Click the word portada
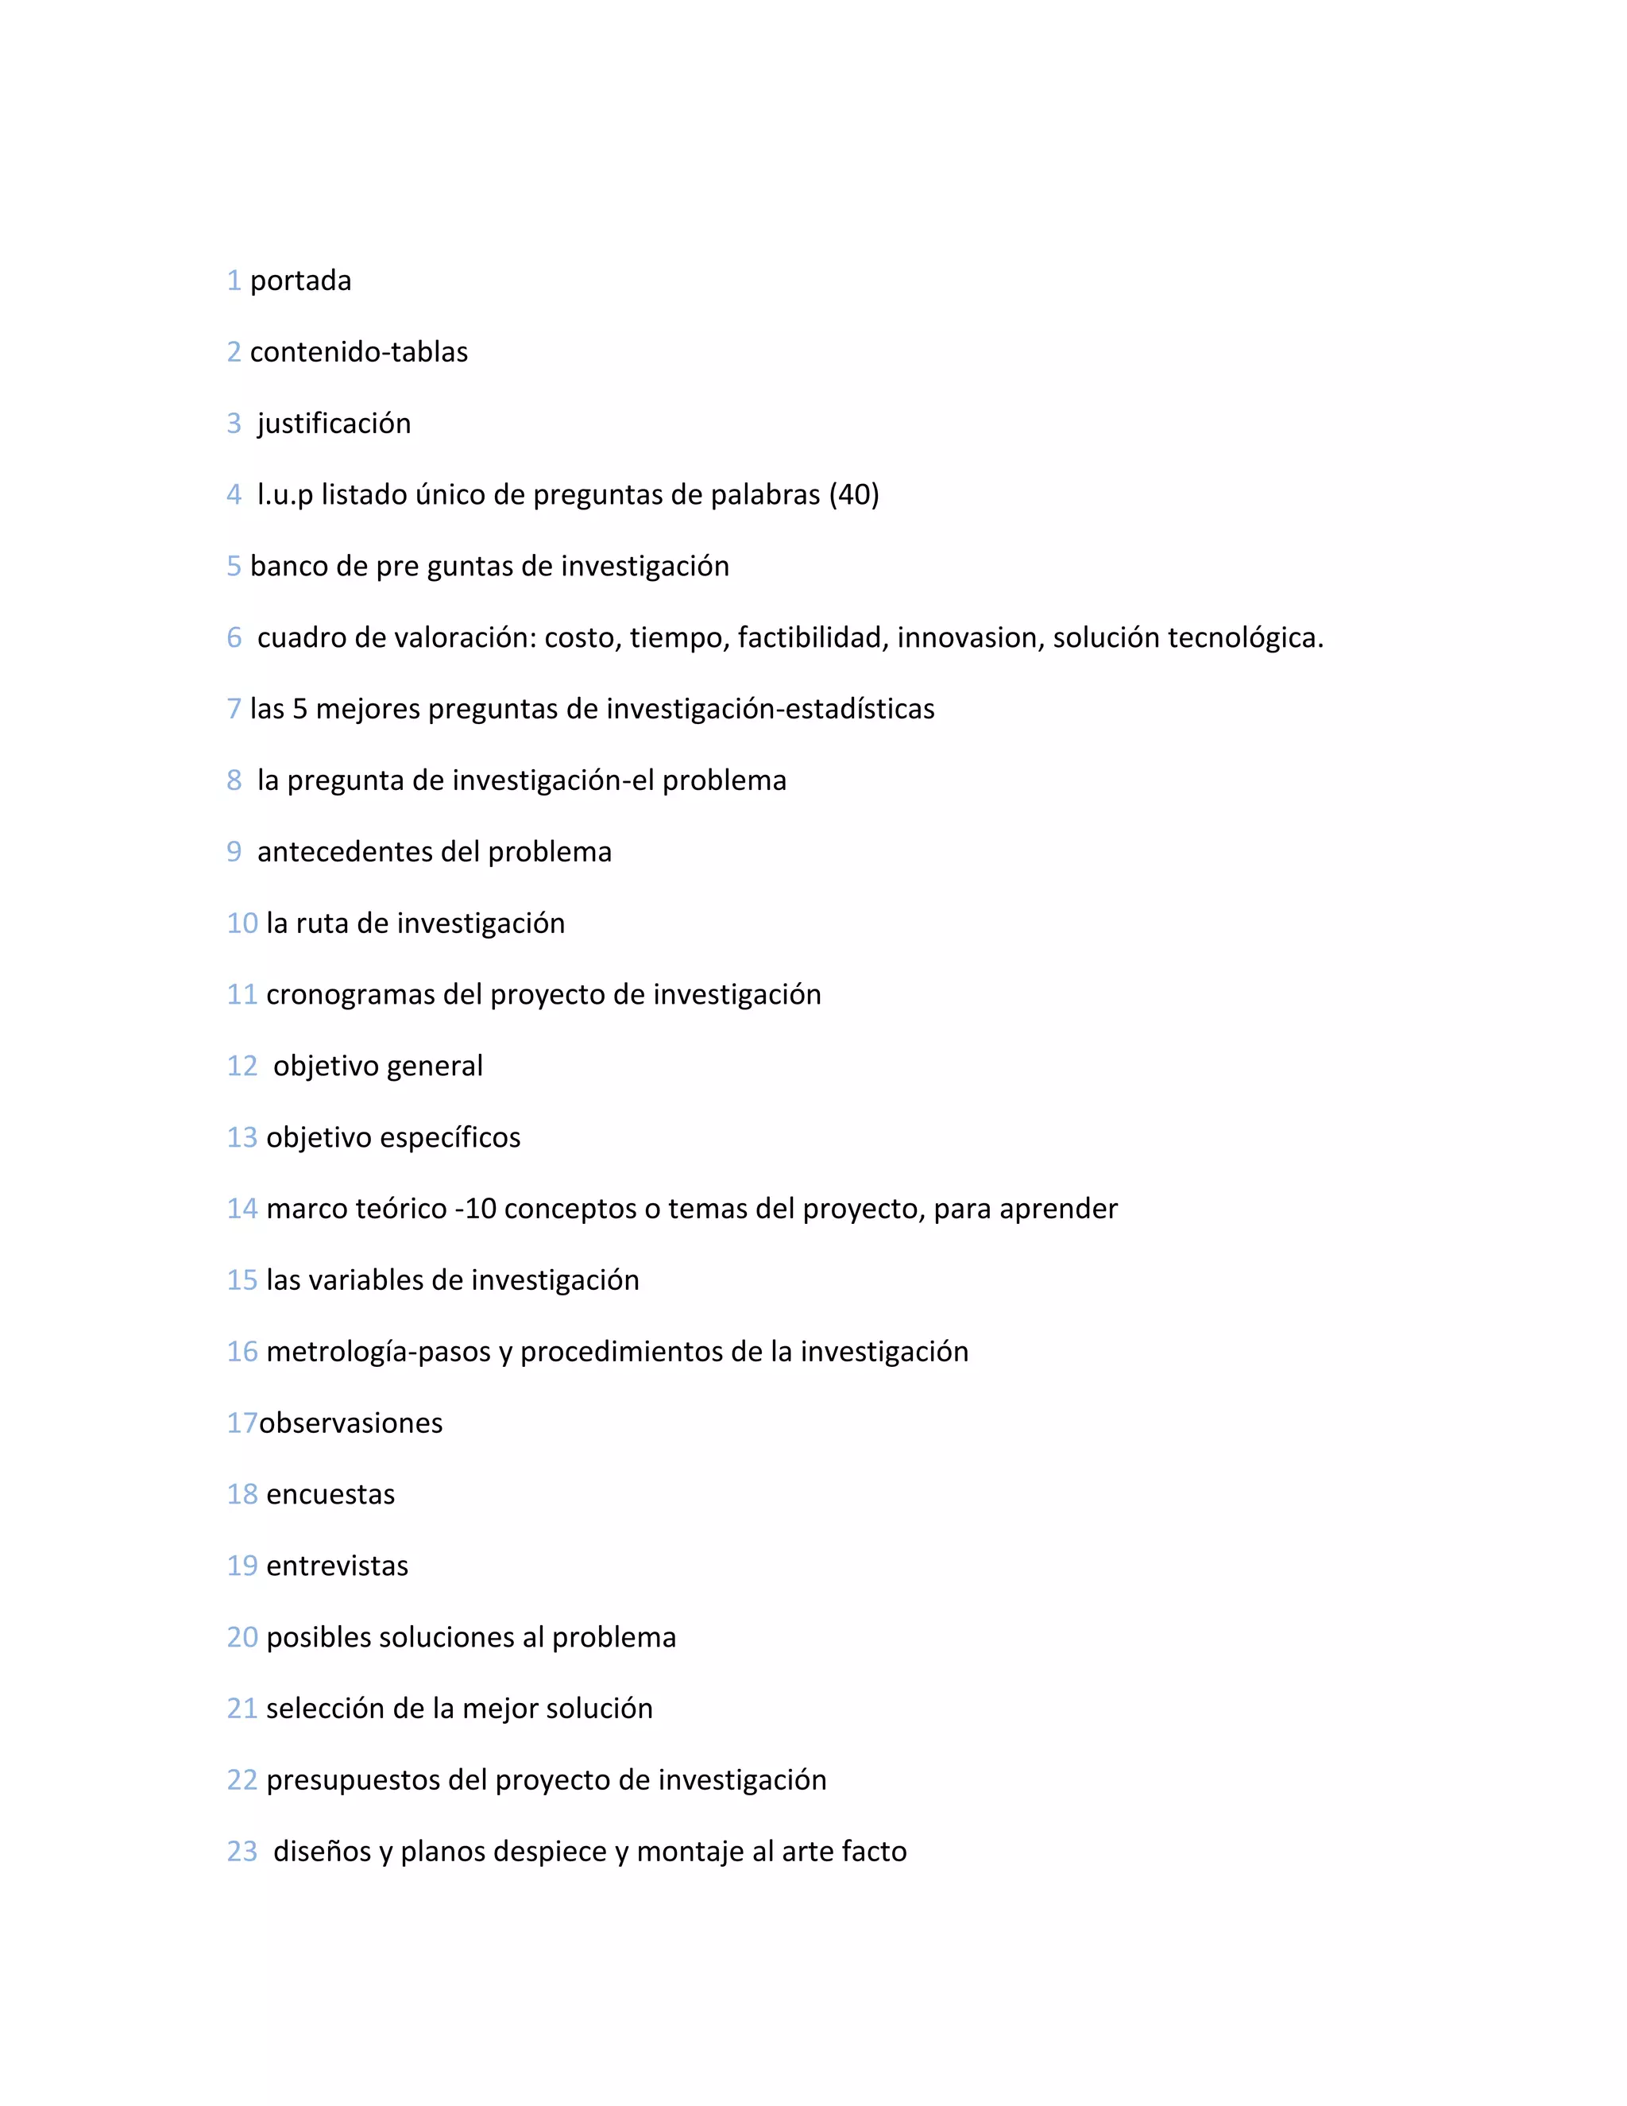pyautogui.click(x=301, y=281)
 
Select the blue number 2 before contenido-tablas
pyautogui.click(x=234, y=352)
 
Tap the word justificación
pyautogui.click(x=334, y=424)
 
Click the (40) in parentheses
pyautogui.click(x=854, y=494)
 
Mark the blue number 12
pyautogui.click(x=242, y=1067)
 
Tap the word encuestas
pyautogui.click(x=330, y=1495)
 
